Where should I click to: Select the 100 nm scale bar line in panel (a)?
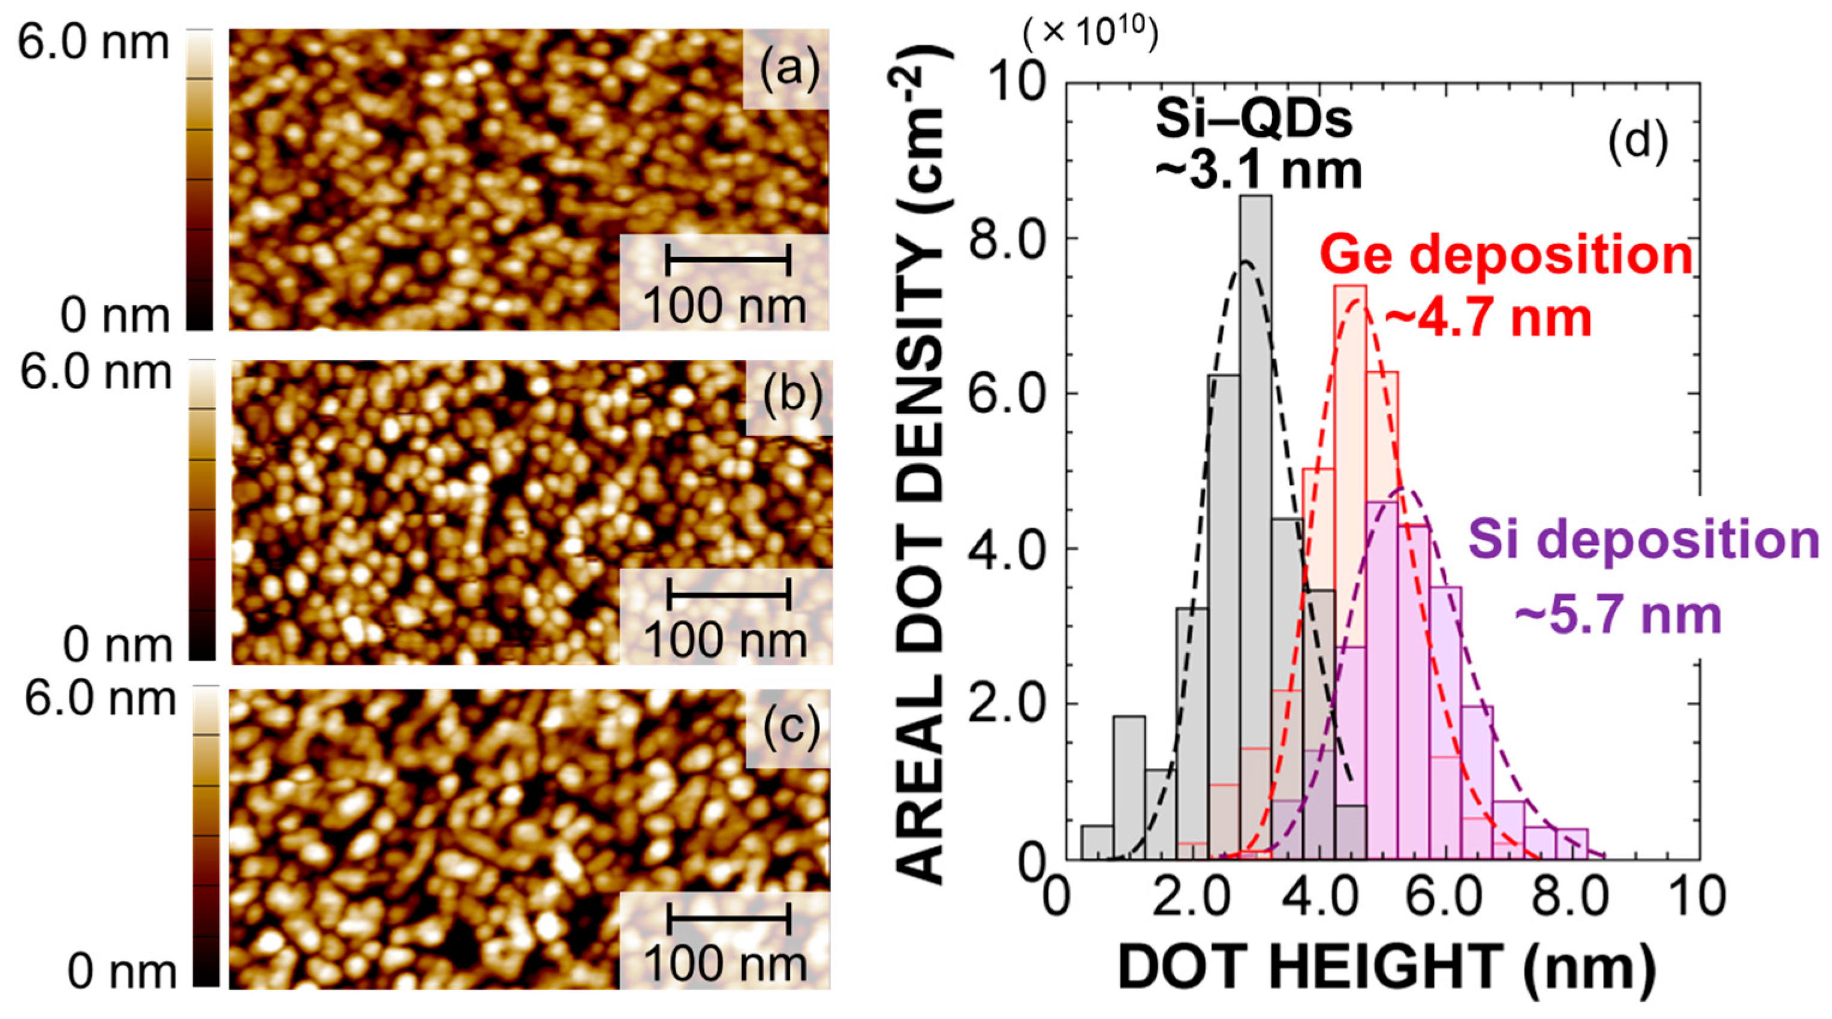(x=728, y=259)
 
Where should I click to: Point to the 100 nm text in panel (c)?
(x=725, y=965)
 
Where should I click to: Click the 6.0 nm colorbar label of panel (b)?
(x=95, y=373)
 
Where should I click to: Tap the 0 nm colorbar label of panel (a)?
(x=115, y=315)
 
